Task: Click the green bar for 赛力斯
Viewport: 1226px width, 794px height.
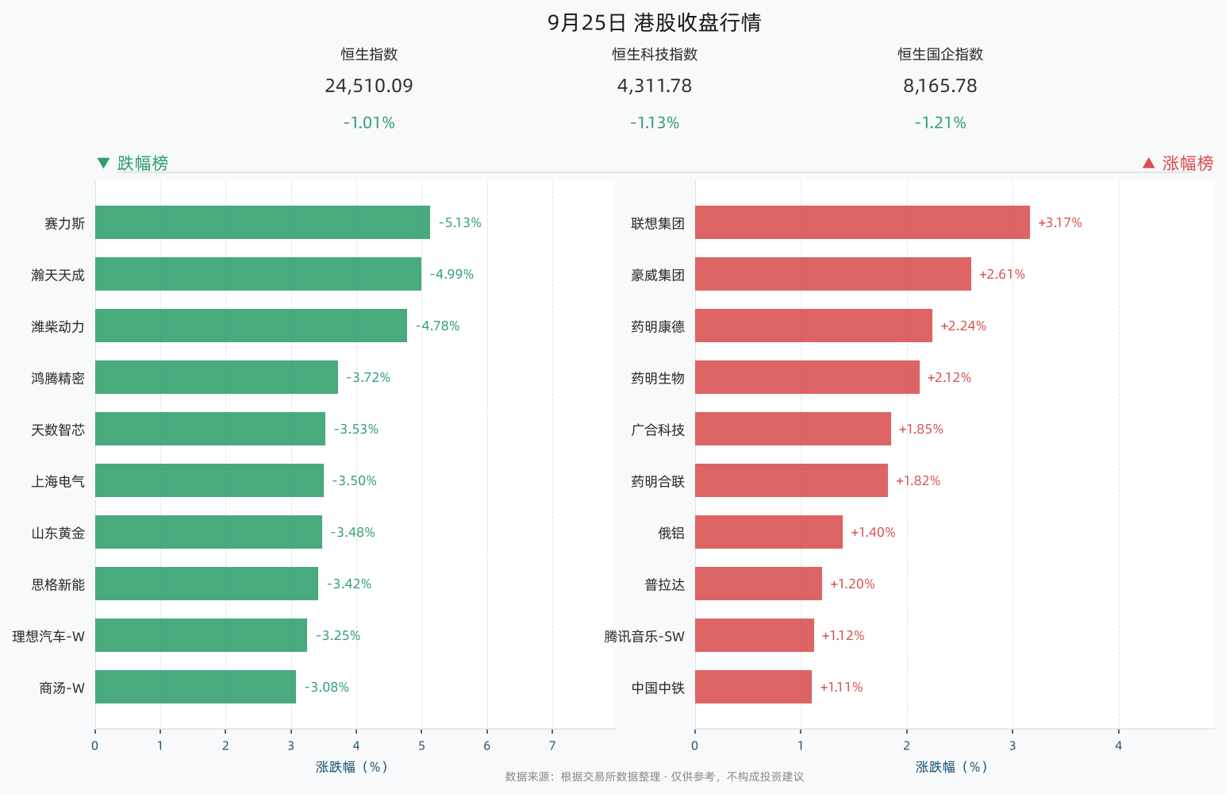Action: pyautogui.click(x=263, y=222)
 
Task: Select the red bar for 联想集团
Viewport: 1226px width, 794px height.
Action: pyautogui.click(x=862, y=222)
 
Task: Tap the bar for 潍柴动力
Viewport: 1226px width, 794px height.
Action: pyautogui.click(x=252, y=326)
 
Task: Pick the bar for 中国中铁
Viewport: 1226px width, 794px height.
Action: pyautogui.click(x=753, y=687)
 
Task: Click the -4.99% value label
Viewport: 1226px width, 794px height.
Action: pyautogui.click(x=452, y=275)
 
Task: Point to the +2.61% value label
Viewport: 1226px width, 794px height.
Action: pyautogui.click(x=1001, y=275)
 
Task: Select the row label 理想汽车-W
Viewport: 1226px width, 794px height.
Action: pyautogui.click(x=48, y=636)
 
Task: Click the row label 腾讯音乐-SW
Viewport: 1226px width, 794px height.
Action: pyautogui.click(x=644, y=636)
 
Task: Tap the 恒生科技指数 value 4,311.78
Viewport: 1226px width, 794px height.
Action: pyautogui.click(x=655, y=86)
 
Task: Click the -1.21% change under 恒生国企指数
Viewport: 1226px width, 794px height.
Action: pyautogui.click(x=940, y=122)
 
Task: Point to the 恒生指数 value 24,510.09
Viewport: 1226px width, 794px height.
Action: pyautogui.click(x=369, y=86)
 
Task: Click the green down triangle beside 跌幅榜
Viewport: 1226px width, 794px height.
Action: pyautogui.click(x=103, y=164)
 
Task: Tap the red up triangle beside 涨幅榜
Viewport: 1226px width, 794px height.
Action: pyautogui.click(x=1149, y=164)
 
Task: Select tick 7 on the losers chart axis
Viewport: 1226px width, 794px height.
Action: pyautogui.click(x=552, y=746)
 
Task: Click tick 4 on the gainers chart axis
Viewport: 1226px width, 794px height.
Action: pyautogui.click(x=1118, y=746)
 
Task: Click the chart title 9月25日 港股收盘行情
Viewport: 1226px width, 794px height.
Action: pyautogui.click(x=655, y=23)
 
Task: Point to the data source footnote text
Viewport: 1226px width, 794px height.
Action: pyautogui.click(x=655, y=777)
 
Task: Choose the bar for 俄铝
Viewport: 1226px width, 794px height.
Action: pyautogui.click(x=769, y=532)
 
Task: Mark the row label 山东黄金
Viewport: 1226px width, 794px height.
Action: pyautogui.click(x=58, y=533)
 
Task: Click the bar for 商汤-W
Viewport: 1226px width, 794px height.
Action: pyautogui.click(x=195, y=687)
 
